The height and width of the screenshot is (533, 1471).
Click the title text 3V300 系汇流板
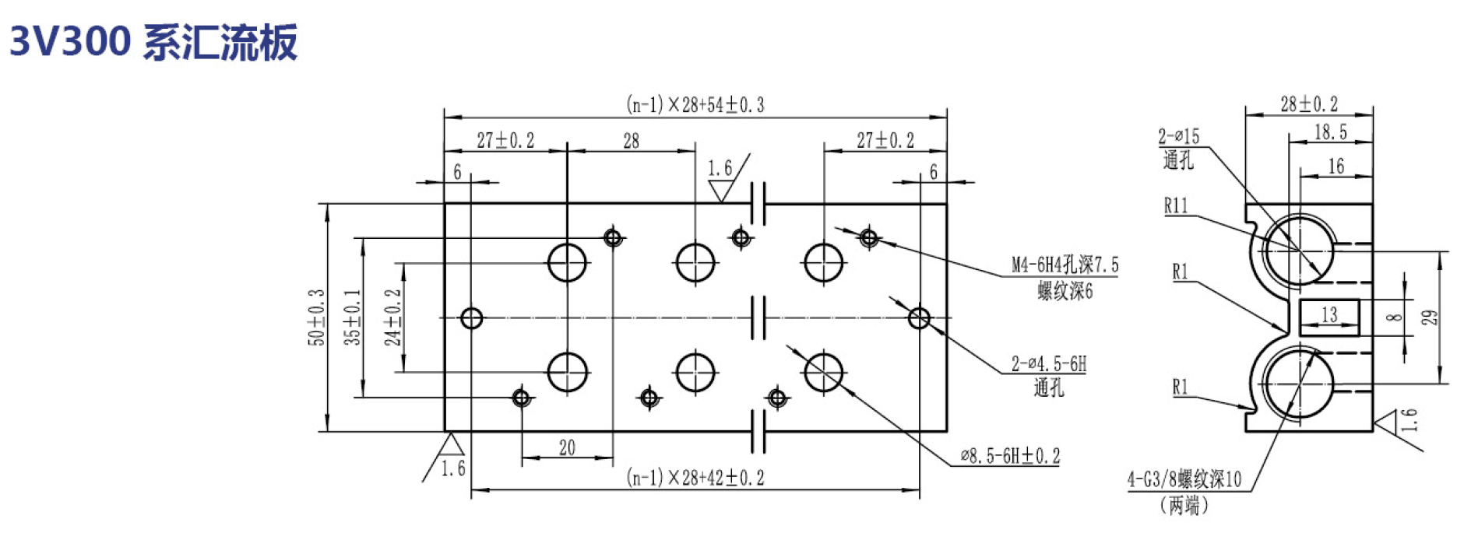153,41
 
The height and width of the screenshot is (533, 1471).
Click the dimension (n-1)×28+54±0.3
695,104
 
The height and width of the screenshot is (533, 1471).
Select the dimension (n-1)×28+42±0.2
695,477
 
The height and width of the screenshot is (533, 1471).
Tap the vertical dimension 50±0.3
316,317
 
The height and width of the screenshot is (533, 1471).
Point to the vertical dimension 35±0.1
353,317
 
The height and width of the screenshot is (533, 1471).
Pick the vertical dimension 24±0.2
392,317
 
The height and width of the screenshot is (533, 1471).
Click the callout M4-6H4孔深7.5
1065,265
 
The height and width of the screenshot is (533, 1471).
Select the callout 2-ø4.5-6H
1048,363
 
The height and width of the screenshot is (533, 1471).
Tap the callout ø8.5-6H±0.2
1010,456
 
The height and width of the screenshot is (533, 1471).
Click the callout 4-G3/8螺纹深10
1184,479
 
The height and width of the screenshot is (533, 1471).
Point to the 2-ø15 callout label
1179,137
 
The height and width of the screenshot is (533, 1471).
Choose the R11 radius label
1176,205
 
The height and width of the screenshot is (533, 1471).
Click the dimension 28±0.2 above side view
1309,103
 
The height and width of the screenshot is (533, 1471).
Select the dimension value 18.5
1331,132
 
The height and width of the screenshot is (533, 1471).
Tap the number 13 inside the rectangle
1329,314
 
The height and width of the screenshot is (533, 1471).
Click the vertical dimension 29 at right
1430,317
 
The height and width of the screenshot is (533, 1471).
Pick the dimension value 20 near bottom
567,447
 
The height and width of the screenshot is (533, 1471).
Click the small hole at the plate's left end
472,317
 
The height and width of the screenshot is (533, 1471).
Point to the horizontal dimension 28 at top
631,141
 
